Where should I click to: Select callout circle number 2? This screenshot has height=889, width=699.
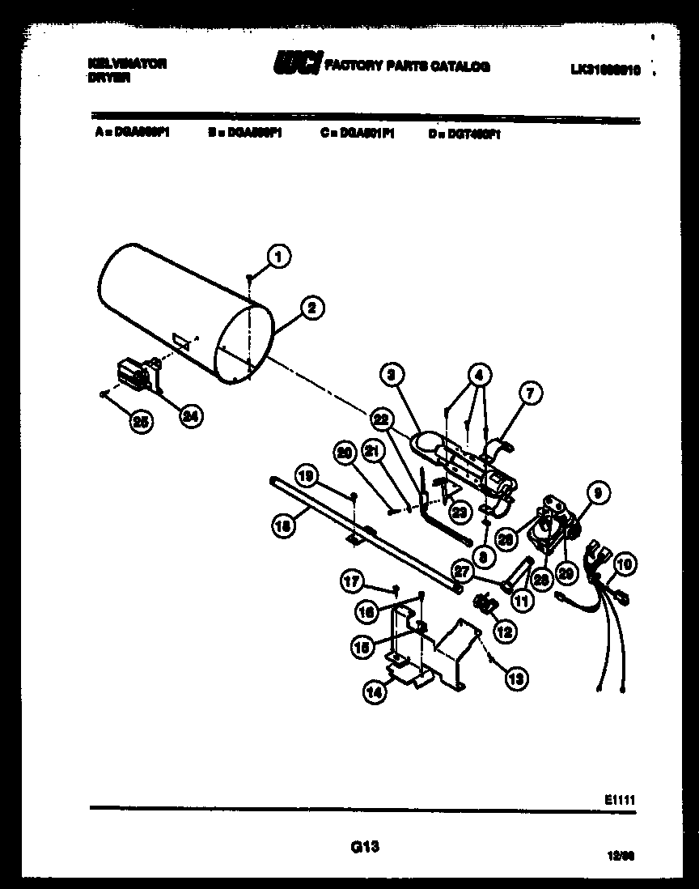point(311,307)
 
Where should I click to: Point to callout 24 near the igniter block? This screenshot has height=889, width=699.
point(191,416)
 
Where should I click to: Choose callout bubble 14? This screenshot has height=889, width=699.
point(375,692)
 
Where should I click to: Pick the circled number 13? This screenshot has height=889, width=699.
point(515,678)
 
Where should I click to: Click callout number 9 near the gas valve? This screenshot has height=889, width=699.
point(598,491)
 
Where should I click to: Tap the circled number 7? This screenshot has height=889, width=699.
point(530,394)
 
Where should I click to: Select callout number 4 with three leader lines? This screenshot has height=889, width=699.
point(480,375)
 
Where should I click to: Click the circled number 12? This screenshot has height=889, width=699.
point(504,632)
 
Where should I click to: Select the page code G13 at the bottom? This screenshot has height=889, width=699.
point(365,847)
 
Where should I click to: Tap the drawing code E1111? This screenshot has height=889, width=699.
point(619,799)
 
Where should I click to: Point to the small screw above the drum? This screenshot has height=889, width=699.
point(250,278)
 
